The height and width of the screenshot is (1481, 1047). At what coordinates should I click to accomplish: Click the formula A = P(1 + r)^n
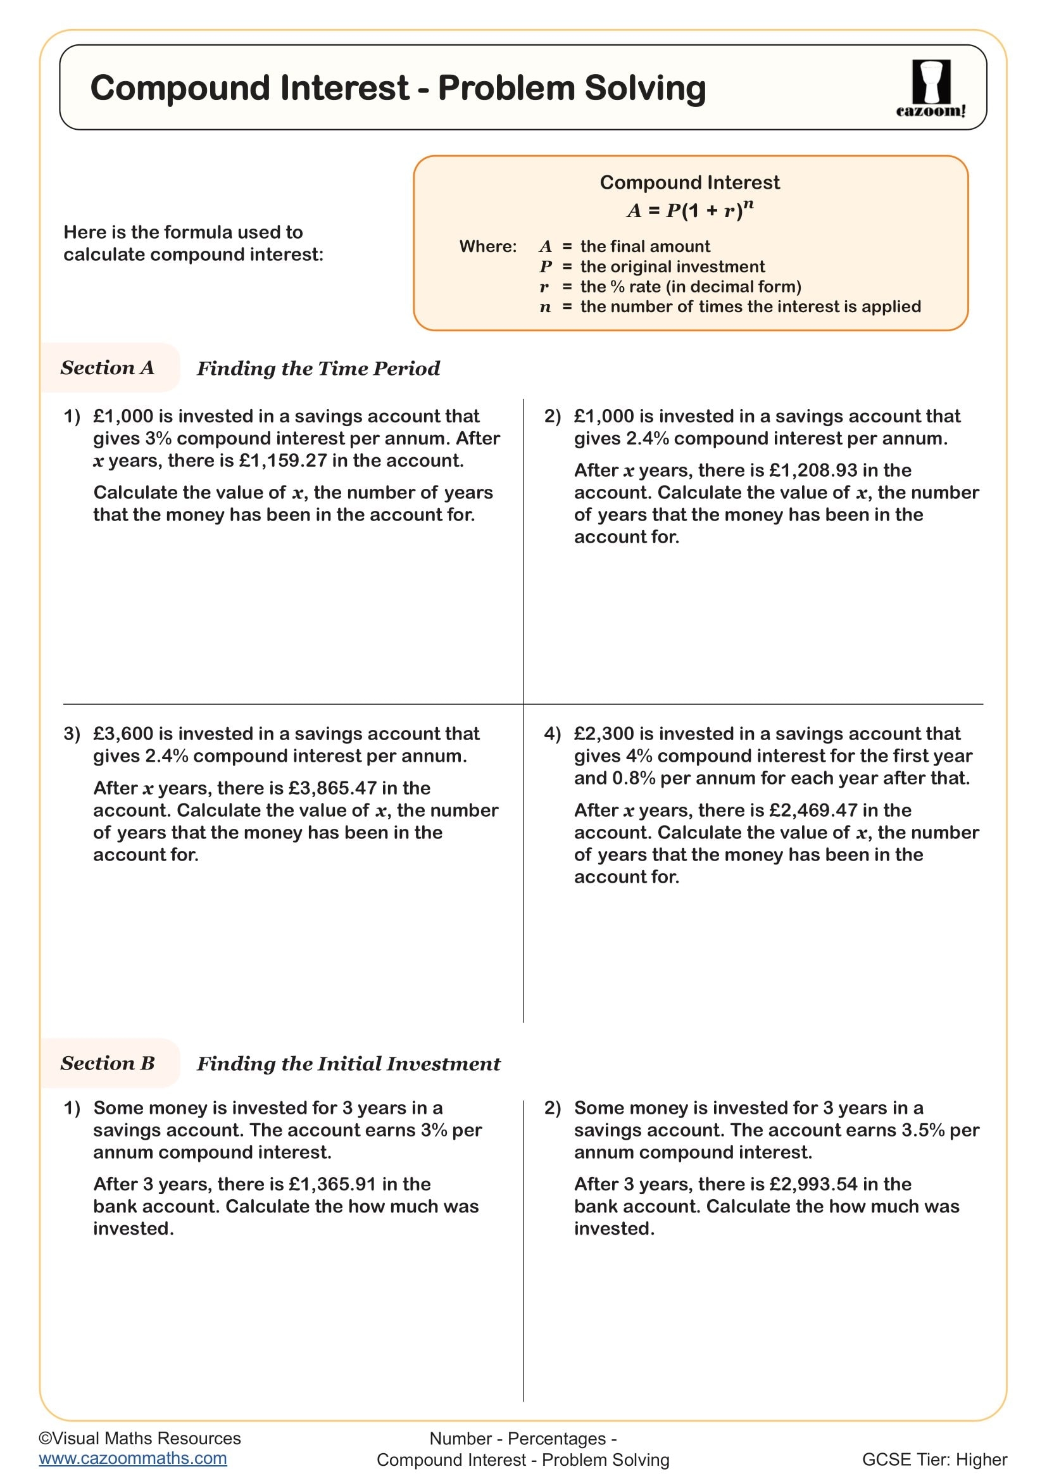point(689,210)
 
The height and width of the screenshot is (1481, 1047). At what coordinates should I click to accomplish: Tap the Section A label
point(108,368)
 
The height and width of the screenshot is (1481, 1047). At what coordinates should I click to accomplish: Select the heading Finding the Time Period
point(318,369)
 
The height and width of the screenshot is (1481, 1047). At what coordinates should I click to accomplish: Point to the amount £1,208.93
point(813,470)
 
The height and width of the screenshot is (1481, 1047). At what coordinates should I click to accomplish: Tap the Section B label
point(108,1063)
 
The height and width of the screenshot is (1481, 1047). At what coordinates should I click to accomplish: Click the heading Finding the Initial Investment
point(348,1064)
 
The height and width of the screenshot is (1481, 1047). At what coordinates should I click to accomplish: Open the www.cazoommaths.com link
point(133,1458)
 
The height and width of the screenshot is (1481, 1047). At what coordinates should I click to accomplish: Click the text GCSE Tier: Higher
point(934,1459)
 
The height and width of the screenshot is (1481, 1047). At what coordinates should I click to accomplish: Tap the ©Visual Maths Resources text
point(140,1439)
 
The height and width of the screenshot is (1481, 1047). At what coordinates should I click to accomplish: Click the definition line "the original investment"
point(672,267)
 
